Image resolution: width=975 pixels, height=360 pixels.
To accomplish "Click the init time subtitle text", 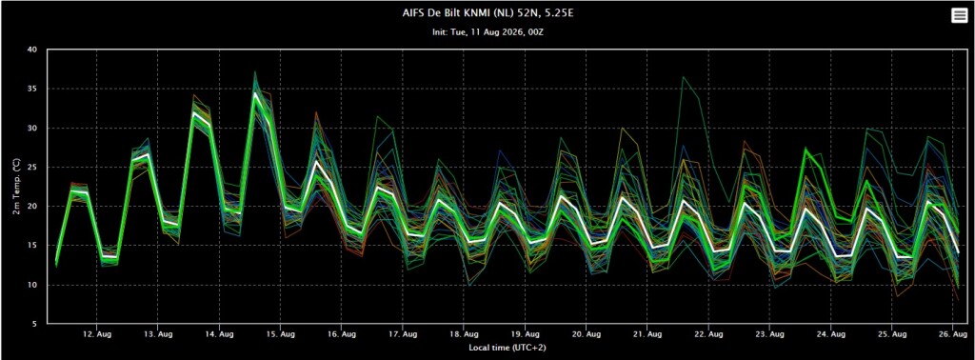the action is [487, 31].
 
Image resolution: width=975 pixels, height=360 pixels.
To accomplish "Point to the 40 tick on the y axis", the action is [32, 50].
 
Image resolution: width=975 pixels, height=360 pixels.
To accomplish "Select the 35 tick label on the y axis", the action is [32, 89].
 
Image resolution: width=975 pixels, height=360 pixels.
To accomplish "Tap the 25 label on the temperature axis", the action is [32, 168].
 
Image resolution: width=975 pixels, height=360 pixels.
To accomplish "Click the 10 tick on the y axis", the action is [32, 285].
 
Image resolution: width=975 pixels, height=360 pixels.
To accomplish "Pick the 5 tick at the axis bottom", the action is [35, 324].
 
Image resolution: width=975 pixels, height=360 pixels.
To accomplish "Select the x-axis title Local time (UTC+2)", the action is [507, 347].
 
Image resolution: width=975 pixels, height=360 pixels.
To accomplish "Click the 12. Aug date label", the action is [96, 334].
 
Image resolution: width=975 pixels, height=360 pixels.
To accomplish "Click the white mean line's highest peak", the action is [255, 93].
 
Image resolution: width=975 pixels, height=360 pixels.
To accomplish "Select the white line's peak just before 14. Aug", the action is [194, 112].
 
